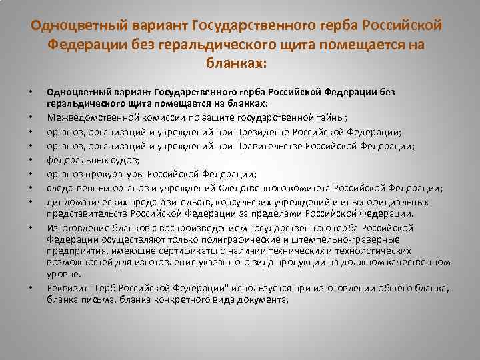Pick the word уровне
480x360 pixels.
tap(63, 274)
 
